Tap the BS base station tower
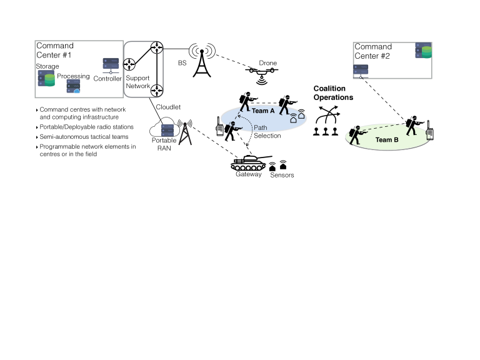pyautogui.click(x=201, y=59)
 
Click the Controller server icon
pyautogui.click(x=111, y=65)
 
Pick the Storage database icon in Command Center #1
pyautogui.click(x=46, y=79)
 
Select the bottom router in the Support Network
pyautogui.click(x=156, y=89)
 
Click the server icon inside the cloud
pyautogui.click(x=166, y=130)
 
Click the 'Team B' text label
pyautogui.click(x=387, y=141)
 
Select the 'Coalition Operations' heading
pyautogui.click(x=333, y=93)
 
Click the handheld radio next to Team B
pyautogui.click(x=431, y=134)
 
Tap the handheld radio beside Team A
pyautogui.click(x=220, y=130)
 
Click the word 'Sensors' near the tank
pyautogui.click(x=282, y=176)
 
